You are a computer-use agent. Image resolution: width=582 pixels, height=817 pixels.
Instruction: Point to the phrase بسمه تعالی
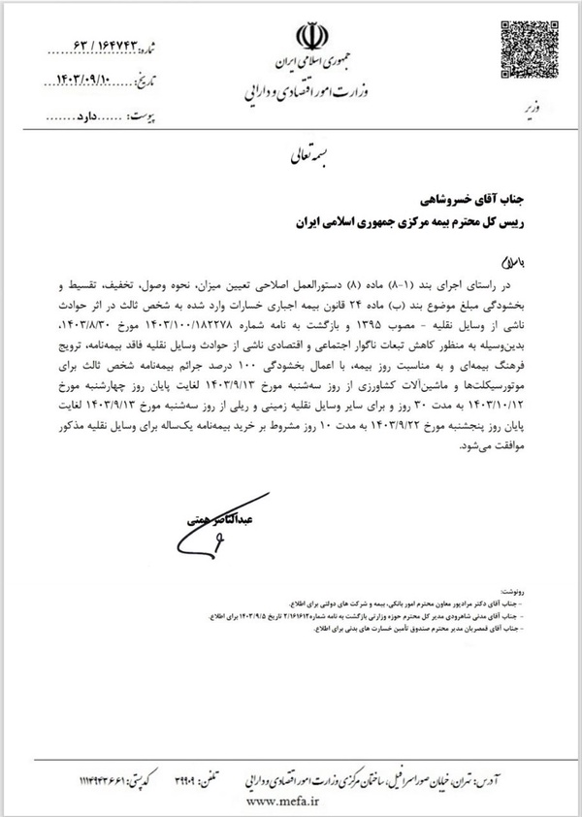point(307,155)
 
